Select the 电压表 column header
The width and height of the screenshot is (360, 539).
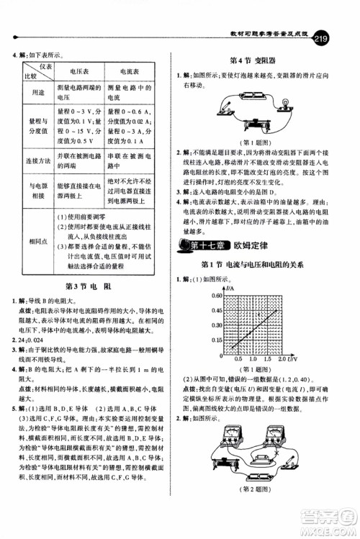pyautogui.click(x=78, y=72)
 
